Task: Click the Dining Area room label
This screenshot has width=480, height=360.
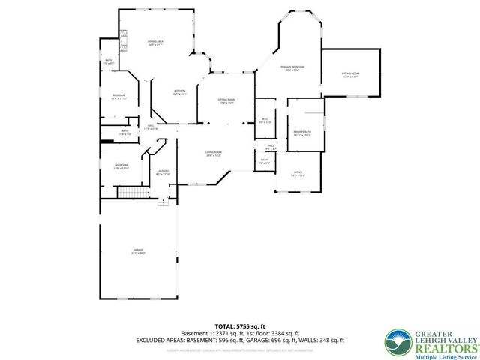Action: click(156, 43)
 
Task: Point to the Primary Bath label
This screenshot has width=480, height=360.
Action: click(302, 133)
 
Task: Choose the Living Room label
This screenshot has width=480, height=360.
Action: click(214, 154)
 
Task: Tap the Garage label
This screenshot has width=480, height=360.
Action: click(138, 251)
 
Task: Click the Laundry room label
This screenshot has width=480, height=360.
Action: click(162, 173)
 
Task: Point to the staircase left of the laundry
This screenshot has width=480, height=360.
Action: click(130, 193)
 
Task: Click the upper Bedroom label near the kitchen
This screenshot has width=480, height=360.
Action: click(119, 97)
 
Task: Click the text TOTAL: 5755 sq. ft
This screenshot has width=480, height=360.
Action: click(240, 326)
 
